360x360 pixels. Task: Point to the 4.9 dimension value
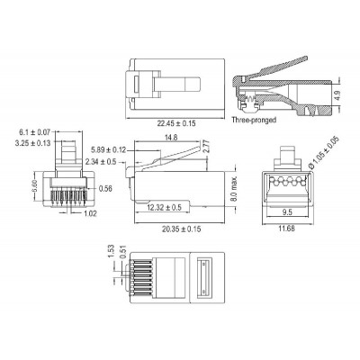pos(337,93)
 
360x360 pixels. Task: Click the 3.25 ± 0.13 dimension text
pos(33,142)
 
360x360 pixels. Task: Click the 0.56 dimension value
pos(106,189)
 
